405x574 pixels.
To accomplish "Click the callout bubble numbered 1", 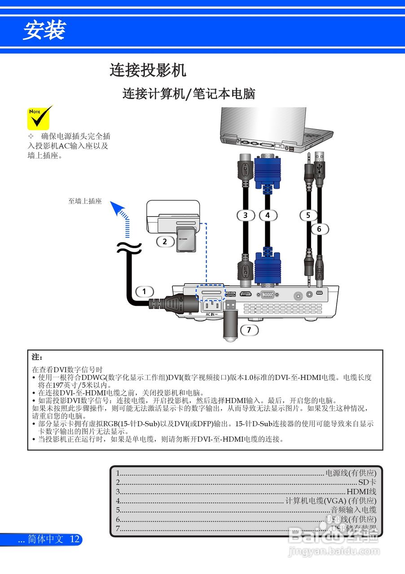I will point(144,291).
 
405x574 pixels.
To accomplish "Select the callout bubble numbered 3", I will point(245,215).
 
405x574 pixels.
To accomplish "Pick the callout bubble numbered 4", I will point(268,215).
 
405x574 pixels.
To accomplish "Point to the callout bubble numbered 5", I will point(308,215).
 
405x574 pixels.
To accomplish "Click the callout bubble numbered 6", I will point(319,229).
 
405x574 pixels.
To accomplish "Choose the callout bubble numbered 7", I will point(249,330).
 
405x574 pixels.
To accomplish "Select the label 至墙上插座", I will point(85,201).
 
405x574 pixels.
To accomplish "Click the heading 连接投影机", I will point(148,70).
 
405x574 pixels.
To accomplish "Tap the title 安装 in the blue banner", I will point(44,30).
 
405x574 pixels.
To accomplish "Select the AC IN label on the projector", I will point(211,314).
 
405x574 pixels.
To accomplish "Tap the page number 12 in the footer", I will point(75,539).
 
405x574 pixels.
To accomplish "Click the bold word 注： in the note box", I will point(37,357).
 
